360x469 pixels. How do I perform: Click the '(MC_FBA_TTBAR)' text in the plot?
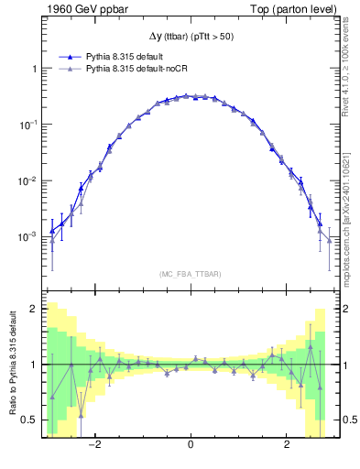pos(191,274)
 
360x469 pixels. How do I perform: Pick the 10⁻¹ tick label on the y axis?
pos(28,124)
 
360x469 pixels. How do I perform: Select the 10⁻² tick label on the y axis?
pos(28,180)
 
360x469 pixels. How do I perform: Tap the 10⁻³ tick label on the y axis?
pos(28,235)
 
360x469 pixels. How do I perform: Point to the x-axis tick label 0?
pos(191,446)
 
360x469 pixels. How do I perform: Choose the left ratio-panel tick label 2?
pos(34,310)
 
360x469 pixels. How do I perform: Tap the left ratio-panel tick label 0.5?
pos(30,420)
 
